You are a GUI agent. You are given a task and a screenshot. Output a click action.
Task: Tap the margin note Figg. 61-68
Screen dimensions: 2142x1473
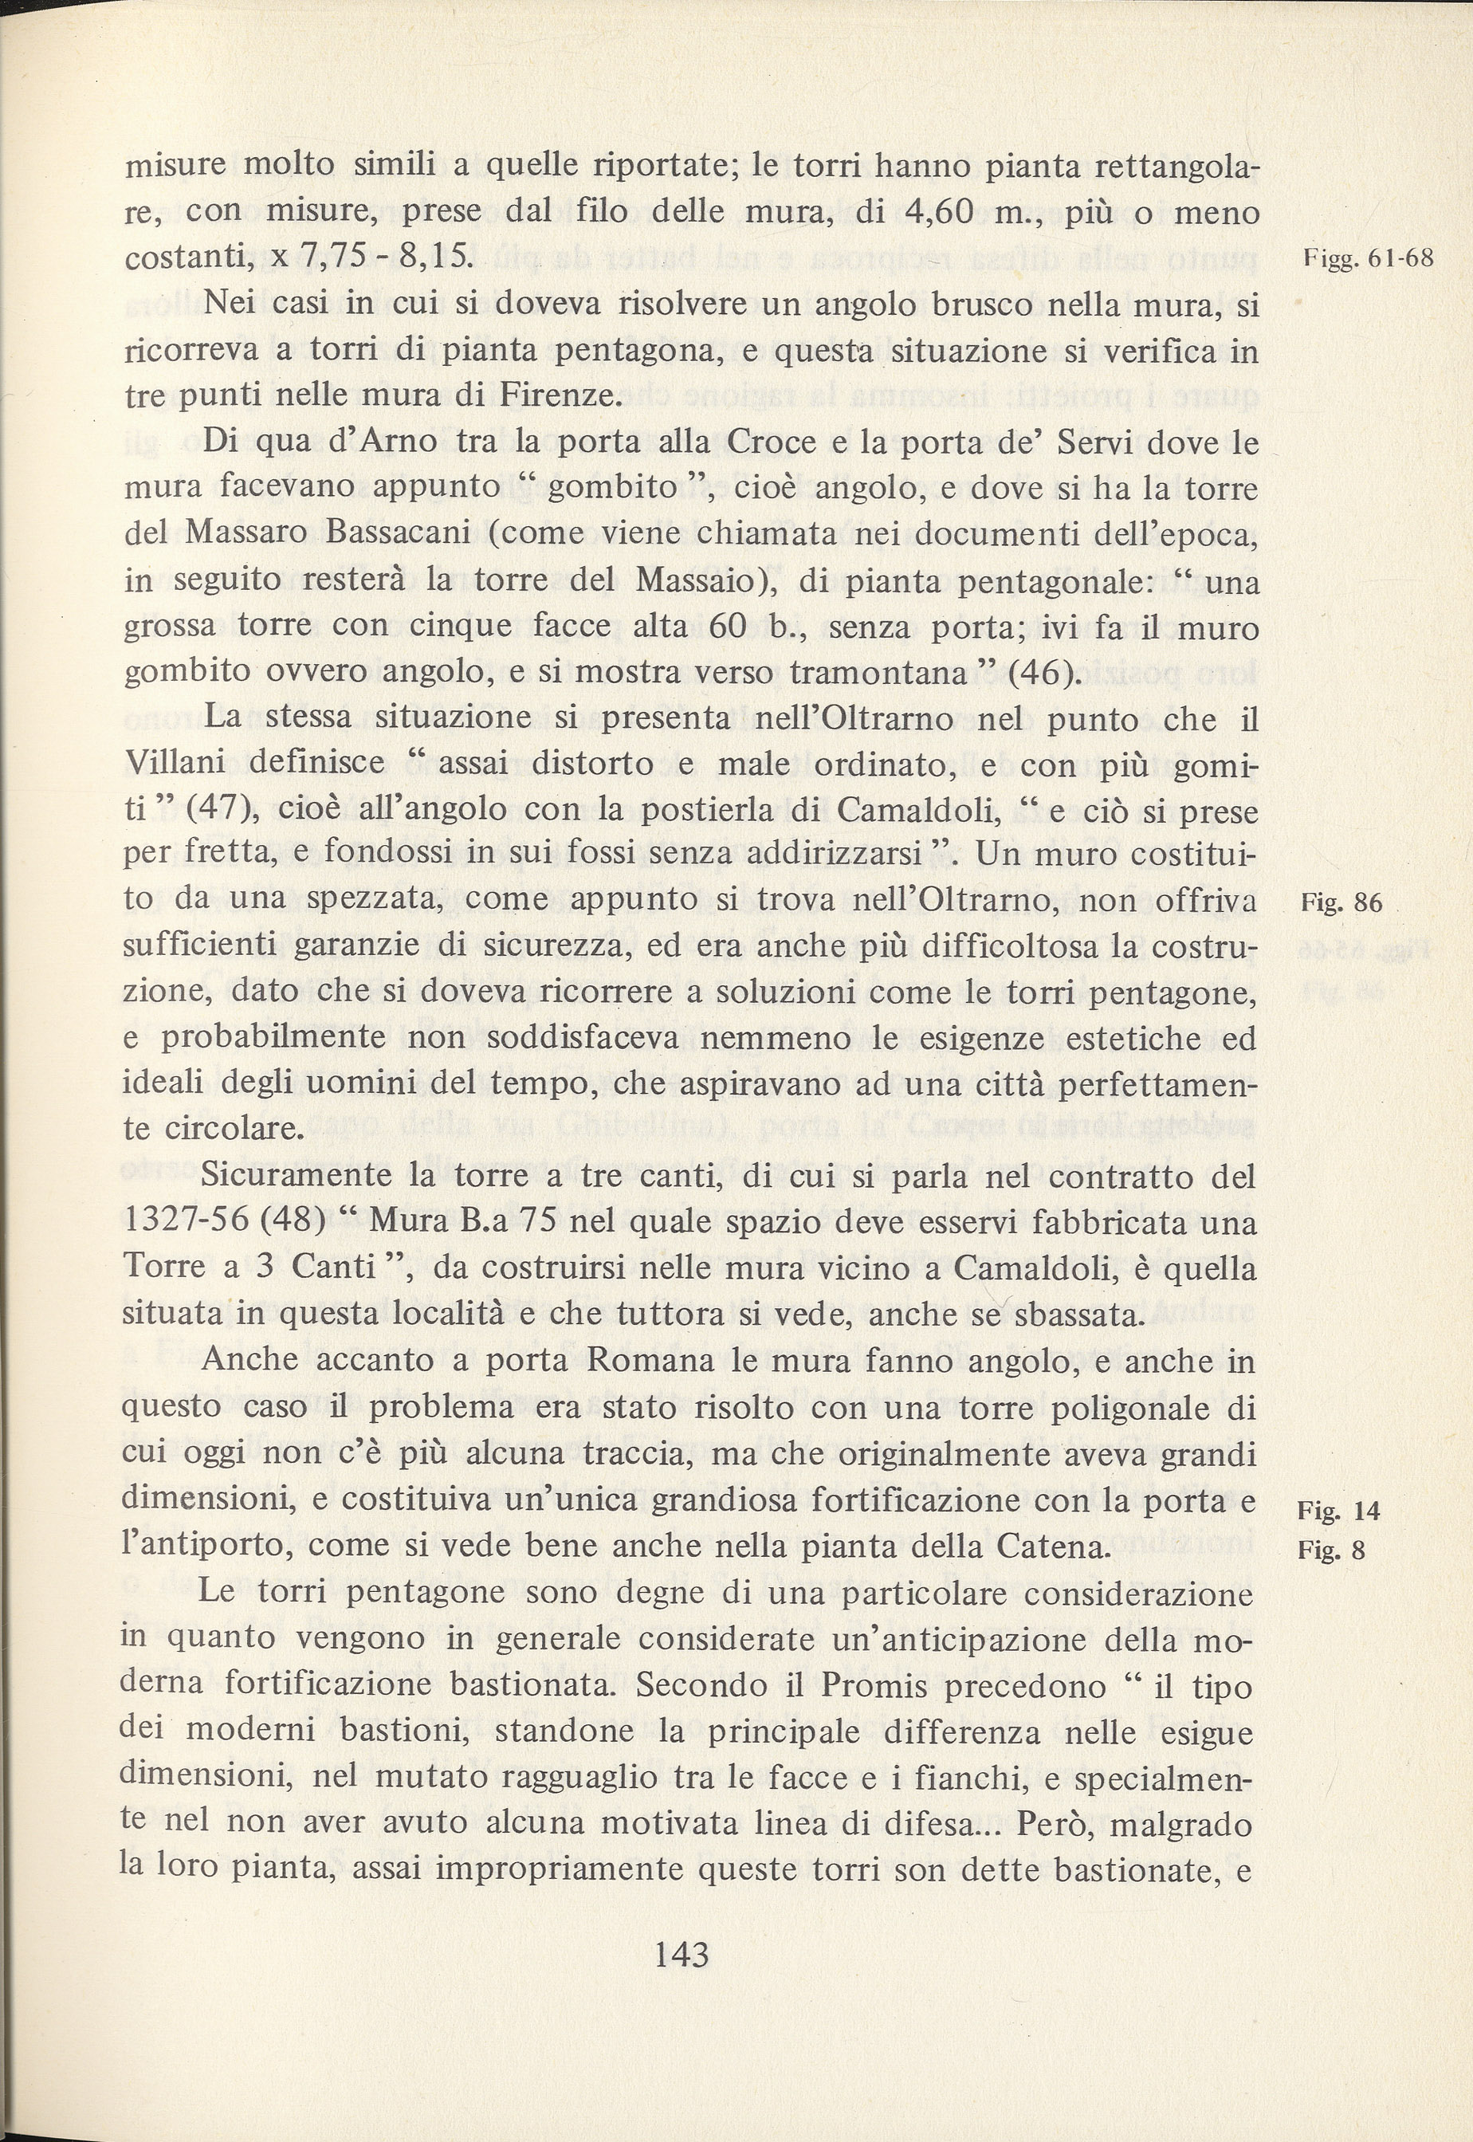1369,259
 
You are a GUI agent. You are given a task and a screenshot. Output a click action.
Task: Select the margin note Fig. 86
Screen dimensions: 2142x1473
1341,902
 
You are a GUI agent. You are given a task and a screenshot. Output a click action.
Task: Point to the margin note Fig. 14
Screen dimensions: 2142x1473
1337,1511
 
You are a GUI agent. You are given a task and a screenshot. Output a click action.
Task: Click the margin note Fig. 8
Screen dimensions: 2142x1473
1330,1550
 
